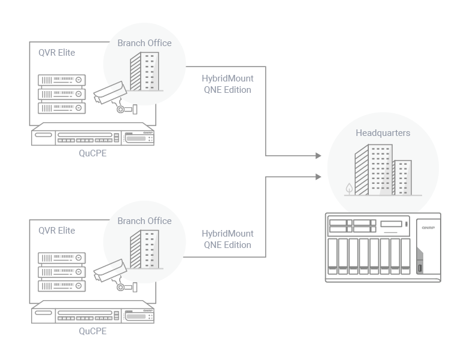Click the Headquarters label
383,133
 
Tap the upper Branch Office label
144,43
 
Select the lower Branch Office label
144,221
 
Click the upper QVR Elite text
57,53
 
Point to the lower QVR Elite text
57,231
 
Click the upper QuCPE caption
93,153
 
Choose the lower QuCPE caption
93,331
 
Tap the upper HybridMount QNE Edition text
228,84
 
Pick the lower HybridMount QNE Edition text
228,239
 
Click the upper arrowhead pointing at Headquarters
318,156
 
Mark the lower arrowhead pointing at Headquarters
318,176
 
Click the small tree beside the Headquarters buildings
349,189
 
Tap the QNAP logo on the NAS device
427,227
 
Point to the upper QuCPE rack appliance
93,135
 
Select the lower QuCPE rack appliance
93,313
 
